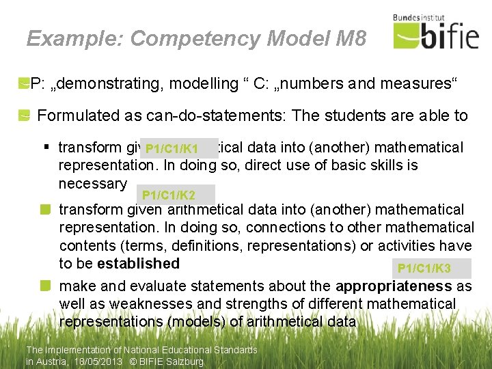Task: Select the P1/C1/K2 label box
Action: coord(176,195)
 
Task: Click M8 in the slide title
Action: coord(351,38)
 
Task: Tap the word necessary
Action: coord(92,184)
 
